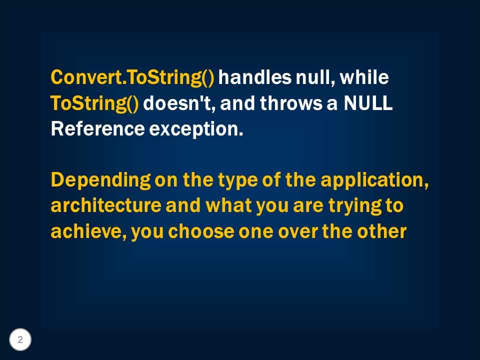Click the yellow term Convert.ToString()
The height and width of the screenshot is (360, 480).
[132, 78]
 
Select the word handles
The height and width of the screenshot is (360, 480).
[254, 77]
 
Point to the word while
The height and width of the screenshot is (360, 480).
[364, 77]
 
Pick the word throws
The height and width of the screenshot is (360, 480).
[291, 103]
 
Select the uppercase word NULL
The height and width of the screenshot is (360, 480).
[368, 103]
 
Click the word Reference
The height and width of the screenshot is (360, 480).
[97, 129]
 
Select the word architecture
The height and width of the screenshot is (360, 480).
[106, 205]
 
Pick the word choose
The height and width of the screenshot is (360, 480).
[201, 231]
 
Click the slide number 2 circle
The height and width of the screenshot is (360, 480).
[20, 339]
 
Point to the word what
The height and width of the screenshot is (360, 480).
[228, 205]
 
